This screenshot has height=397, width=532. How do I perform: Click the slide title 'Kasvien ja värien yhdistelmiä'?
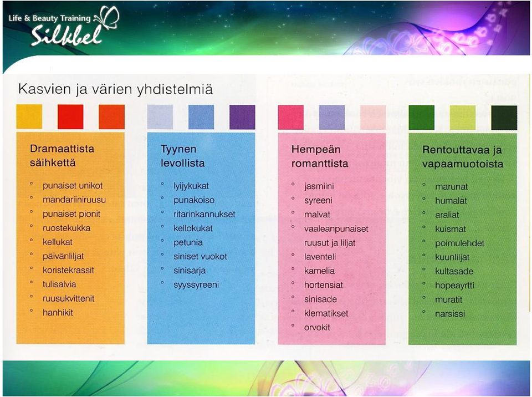[115, 89]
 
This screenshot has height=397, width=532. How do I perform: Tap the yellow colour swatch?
[29, 117]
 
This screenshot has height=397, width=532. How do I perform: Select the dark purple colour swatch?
[242, 117]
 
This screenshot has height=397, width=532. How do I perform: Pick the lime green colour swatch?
[463, 118]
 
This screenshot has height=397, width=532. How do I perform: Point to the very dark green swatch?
[504, 118]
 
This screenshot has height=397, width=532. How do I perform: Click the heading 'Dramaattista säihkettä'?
[62, 156]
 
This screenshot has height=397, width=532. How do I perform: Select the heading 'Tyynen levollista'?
[182, 156]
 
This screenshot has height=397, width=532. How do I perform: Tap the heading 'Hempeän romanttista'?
[320, 156]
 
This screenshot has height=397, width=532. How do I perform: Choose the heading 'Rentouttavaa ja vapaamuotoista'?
[463, 156]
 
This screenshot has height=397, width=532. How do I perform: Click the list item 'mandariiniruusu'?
[74, 200]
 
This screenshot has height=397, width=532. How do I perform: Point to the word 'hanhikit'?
[58, 312]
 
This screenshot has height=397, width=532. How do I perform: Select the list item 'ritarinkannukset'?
[204, 214]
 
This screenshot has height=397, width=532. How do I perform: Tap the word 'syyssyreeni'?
[196, 285]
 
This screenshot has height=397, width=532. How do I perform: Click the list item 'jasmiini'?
[319, 186]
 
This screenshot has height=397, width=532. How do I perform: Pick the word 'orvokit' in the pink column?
[317, 327]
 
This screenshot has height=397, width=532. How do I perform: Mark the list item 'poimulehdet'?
[460, 243]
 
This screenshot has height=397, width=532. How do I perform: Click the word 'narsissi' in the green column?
[450, 314]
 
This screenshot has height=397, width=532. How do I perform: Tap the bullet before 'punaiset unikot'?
[32, 184]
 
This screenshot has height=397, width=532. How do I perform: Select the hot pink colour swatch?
[291, 118]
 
